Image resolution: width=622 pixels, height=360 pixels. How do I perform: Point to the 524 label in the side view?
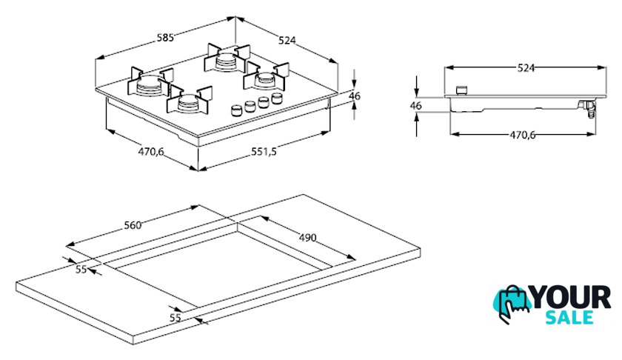coord(525,67)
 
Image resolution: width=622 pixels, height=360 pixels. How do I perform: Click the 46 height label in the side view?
coord(415,105)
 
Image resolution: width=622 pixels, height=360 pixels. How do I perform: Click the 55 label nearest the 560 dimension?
coord(81,269)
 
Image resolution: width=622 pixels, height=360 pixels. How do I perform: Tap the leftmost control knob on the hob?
coord(237,110)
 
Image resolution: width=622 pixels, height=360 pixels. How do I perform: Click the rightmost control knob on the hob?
coord(277,98)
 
